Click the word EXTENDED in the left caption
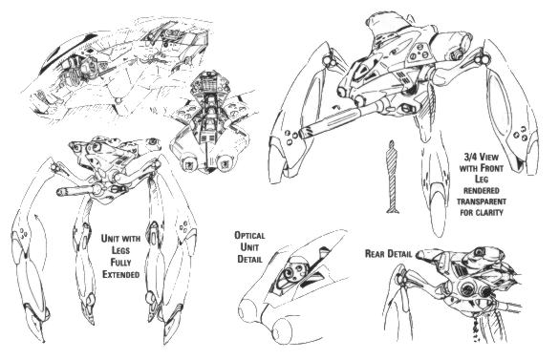click(x=120, y=274)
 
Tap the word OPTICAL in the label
click(x=249, y=236)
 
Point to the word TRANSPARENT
click(x=482, y=201)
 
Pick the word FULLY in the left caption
click(x=120, y=263)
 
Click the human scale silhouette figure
click(x=392, y=177)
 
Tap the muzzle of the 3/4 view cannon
click(x=306, y=134)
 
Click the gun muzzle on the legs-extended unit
click(x=60, y=193)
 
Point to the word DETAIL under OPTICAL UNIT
click(x=250, y=259)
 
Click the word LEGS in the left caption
click(x=120, y=250)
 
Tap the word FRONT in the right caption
click(x=491, y=167)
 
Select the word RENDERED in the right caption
click(x=482, y=190)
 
